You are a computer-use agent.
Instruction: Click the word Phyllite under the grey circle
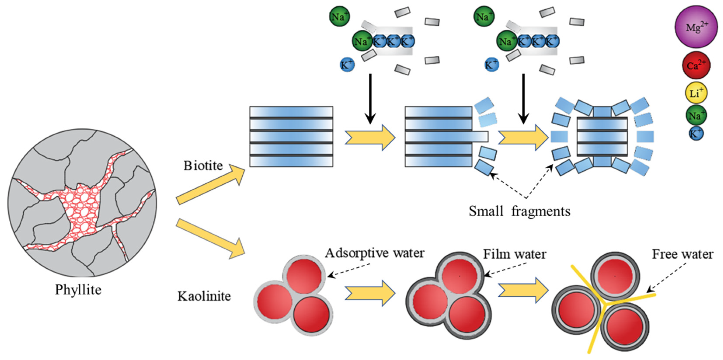(78, 290)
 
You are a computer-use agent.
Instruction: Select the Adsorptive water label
(375, 253)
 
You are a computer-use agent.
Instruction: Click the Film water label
(514, 254)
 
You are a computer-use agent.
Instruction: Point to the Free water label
(682, 254)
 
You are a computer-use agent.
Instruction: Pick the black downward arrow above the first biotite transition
(370, 99)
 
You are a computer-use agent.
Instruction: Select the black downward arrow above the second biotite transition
(523, 99)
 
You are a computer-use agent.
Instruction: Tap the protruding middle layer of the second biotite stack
(446, 137)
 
